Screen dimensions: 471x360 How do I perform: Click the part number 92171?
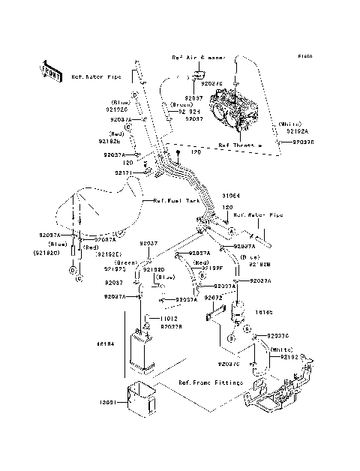pyautogui.click(x=124, y=172)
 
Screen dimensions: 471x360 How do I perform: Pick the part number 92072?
pyautogui.click(x=212, y=297)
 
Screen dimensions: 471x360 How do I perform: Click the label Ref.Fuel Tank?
pyautogui.click(x=174, y=201)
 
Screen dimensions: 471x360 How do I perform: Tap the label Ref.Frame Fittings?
pyautogui.click(x=210, y=382)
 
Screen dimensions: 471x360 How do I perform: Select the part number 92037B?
pyautogui.click(x=171, y=326)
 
